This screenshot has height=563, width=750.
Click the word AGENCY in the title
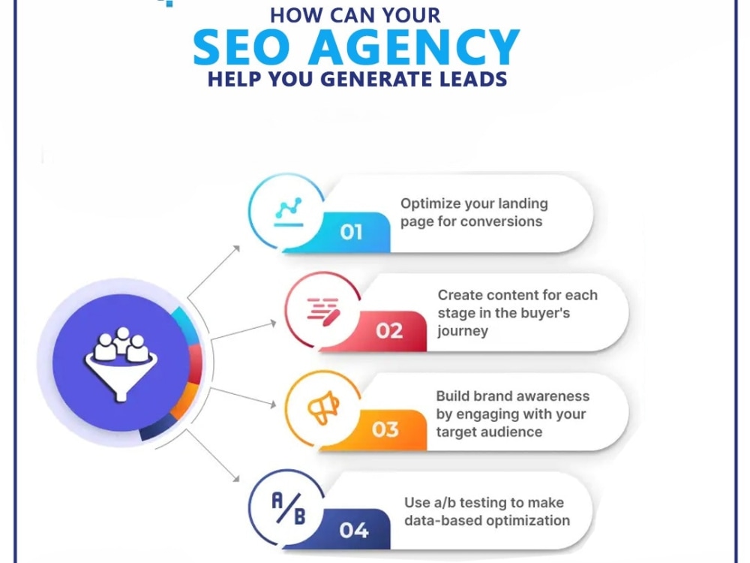tap(414, 47)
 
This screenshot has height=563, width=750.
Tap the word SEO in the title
tap(241, 47)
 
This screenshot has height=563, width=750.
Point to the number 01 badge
tap(352, 232)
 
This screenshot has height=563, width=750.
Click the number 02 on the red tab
tap(388, 331)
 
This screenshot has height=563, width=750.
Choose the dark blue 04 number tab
tap(354, 529)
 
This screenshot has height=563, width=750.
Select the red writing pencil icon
tap(324, 312)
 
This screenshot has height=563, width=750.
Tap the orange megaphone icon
tap(323, 408)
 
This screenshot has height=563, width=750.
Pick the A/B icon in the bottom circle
tap(289, 508)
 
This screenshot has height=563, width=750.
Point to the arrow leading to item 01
tap(213, 272)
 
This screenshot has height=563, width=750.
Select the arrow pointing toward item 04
tap(212, 456)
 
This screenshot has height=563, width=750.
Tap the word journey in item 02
tap(463, 331)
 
